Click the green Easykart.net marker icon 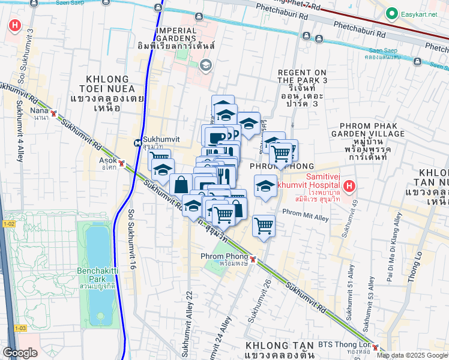[393, 13]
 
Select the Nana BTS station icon [54, 113]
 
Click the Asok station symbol [122, 163]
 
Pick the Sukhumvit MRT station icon [138, 144]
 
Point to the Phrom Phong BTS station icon [253, 259]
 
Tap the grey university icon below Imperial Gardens [206, 65]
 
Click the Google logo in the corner [20, 353]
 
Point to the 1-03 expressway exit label [20, 328]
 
